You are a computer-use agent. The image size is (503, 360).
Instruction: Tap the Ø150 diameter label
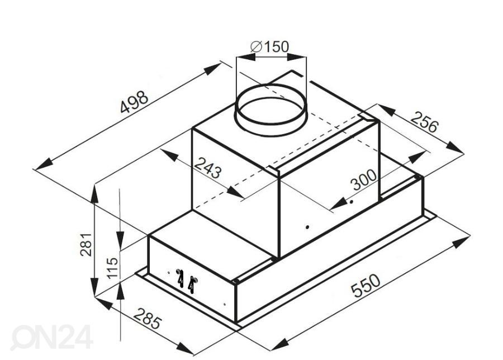pos(269,47)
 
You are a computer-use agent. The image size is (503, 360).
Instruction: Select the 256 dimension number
pos(424,122)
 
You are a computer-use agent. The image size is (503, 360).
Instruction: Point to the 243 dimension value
pos(208,168)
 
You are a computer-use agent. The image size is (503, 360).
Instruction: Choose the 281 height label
pos(86,244)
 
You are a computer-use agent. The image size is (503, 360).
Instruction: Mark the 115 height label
pos(112,268)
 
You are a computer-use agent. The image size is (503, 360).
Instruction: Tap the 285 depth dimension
pos(147,319)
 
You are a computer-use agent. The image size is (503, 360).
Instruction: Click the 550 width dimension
pos(366,285)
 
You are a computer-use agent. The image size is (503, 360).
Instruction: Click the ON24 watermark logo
pos(51,337)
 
